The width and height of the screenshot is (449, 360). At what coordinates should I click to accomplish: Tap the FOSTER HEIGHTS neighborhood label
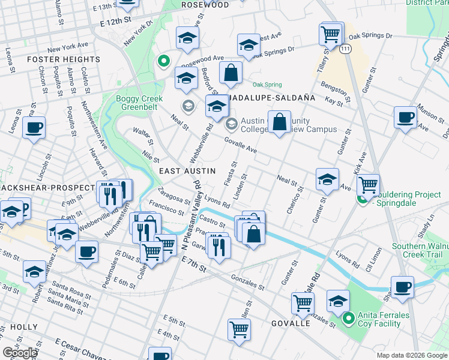(x=64, y=59)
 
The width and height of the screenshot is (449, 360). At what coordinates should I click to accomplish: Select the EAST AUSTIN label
(x=187, y=171)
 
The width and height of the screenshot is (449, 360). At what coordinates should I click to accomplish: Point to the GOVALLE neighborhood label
(x=291, y=323)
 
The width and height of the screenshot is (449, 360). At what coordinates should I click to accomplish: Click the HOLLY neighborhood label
(x=23, y=328)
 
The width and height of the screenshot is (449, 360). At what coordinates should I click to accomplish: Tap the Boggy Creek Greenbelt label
(x=139, y=103)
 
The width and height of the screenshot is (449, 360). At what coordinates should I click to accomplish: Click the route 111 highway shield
(x=345, y=47)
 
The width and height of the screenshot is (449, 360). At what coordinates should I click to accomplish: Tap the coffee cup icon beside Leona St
(x=34, y=127)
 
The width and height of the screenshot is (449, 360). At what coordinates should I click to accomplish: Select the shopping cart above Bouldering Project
(x=367, y=184)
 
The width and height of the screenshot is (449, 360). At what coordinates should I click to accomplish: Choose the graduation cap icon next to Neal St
(x=327, y=179)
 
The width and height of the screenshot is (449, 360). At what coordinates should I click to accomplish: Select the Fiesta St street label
(x=235, y=172)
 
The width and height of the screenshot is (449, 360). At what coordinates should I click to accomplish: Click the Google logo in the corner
(x=20, y=353)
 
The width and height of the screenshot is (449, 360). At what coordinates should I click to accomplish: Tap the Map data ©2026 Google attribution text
(x=411, y=355)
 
